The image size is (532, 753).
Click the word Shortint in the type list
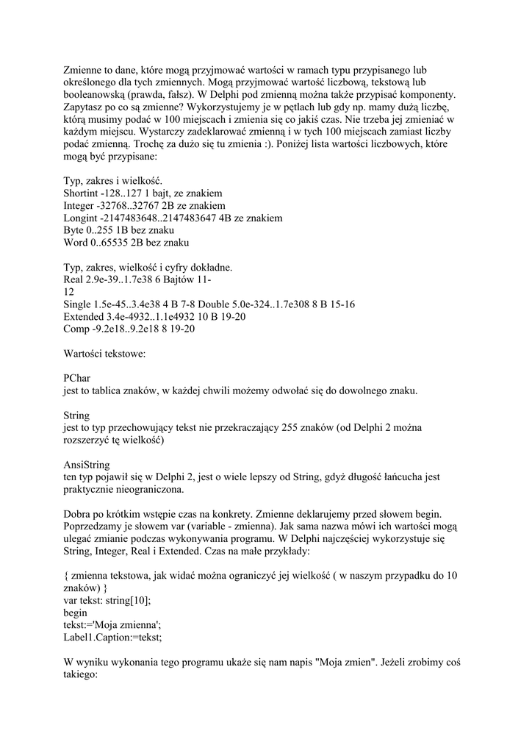(84, 193)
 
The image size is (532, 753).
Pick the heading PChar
(77, 378)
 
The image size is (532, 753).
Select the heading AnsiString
(87, 465)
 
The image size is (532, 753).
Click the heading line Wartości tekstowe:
(105, 354)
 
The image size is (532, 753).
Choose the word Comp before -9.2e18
(78, 329)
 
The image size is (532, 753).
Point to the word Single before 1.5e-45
(79, 304)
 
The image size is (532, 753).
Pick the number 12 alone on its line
(70, 292)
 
